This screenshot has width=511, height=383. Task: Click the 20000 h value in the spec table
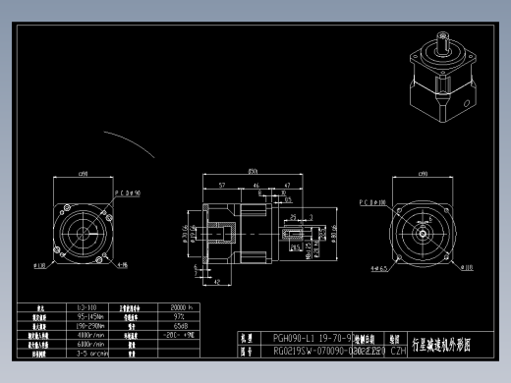pos(183,307)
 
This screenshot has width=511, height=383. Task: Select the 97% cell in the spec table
pos(181,316)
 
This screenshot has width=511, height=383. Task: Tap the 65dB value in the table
pos(181,325)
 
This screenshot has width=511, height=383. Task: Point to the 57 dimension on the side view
pos(222,185)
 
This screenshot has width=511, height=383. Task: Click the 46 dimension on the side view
pos(256,185)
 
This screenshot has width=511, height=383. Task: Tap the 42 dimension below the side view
pos(215,281)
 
